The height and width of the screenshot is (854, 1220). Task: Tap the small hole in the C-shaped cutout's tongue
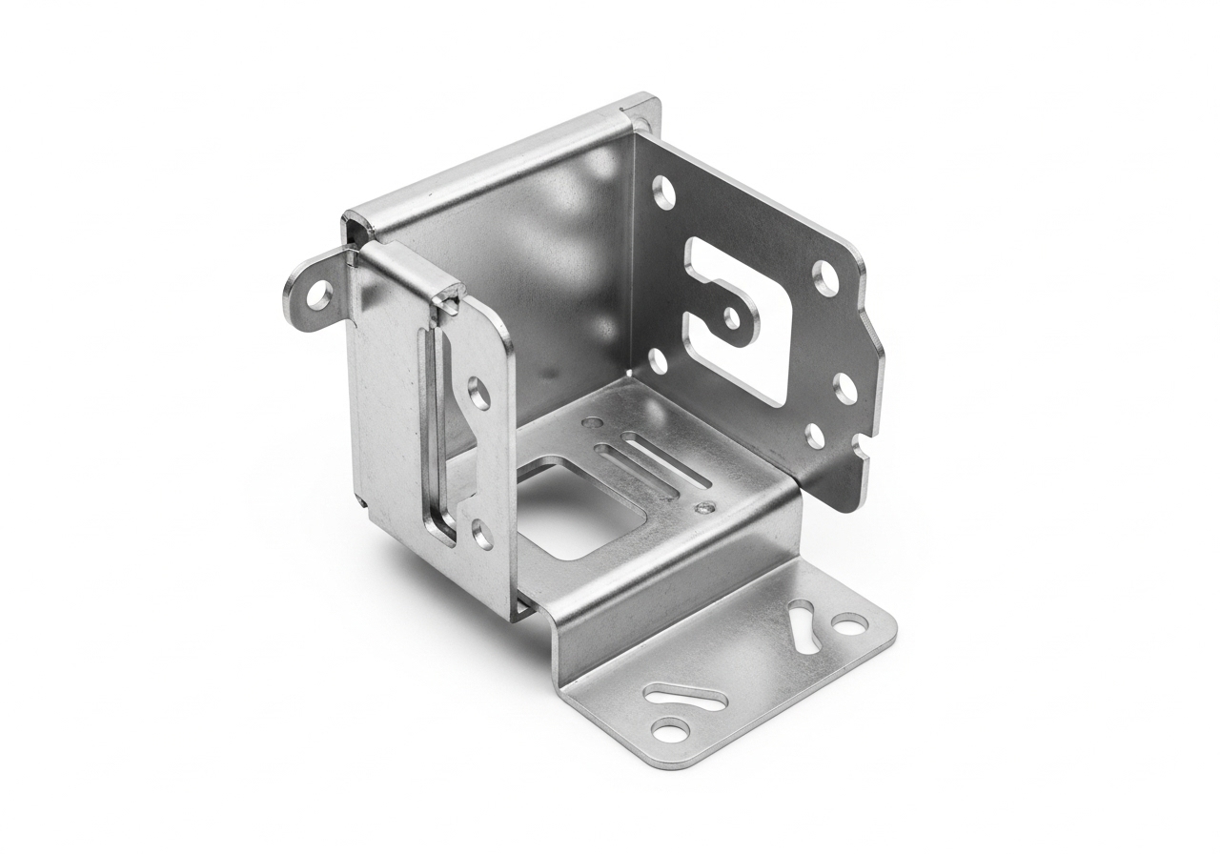tap(731, 315)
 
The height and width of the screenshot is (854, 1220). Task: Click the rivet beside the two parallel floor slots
tap(704, 507)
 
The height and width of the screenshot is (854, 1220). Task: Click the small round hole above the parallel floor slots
tap(594, 421)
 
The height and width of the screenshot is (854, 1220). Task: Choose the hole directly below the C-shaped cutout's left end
tap(656, 360)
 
